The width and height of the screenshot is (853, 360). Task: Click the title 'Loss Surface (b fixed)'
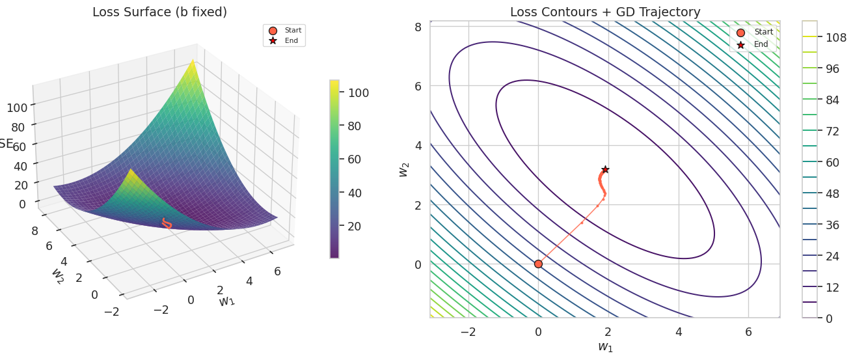pyautogui.click(x=159, y=12)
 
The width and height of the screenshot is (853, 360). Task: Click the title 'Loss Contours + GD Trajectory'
pyautogui.click(x=605, y=12)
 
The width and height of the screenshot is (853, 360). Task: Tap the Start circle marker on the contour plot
pyautogui.click(x=538, y=264)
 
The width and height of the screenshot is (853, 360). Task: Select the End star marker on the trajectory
pyautogui.click(x=605, y=169)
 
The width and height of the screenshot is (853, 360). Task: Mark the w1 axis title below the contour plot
pyautogui.click(x=605, y=347)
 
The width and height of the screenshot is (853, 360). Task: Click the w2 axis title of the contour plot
pyautogui.click(x=403, y=169)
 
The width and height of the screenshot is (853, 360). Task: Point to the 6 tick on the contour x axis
pyautogui.click(x=748, y=331)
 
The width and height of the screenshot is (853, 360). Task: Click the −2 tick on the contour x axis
pyautogui.click(x=468, y=331)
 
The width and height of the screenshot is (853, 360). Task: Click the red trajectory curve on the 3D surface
pyautogui.click(x=167, y=224)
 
